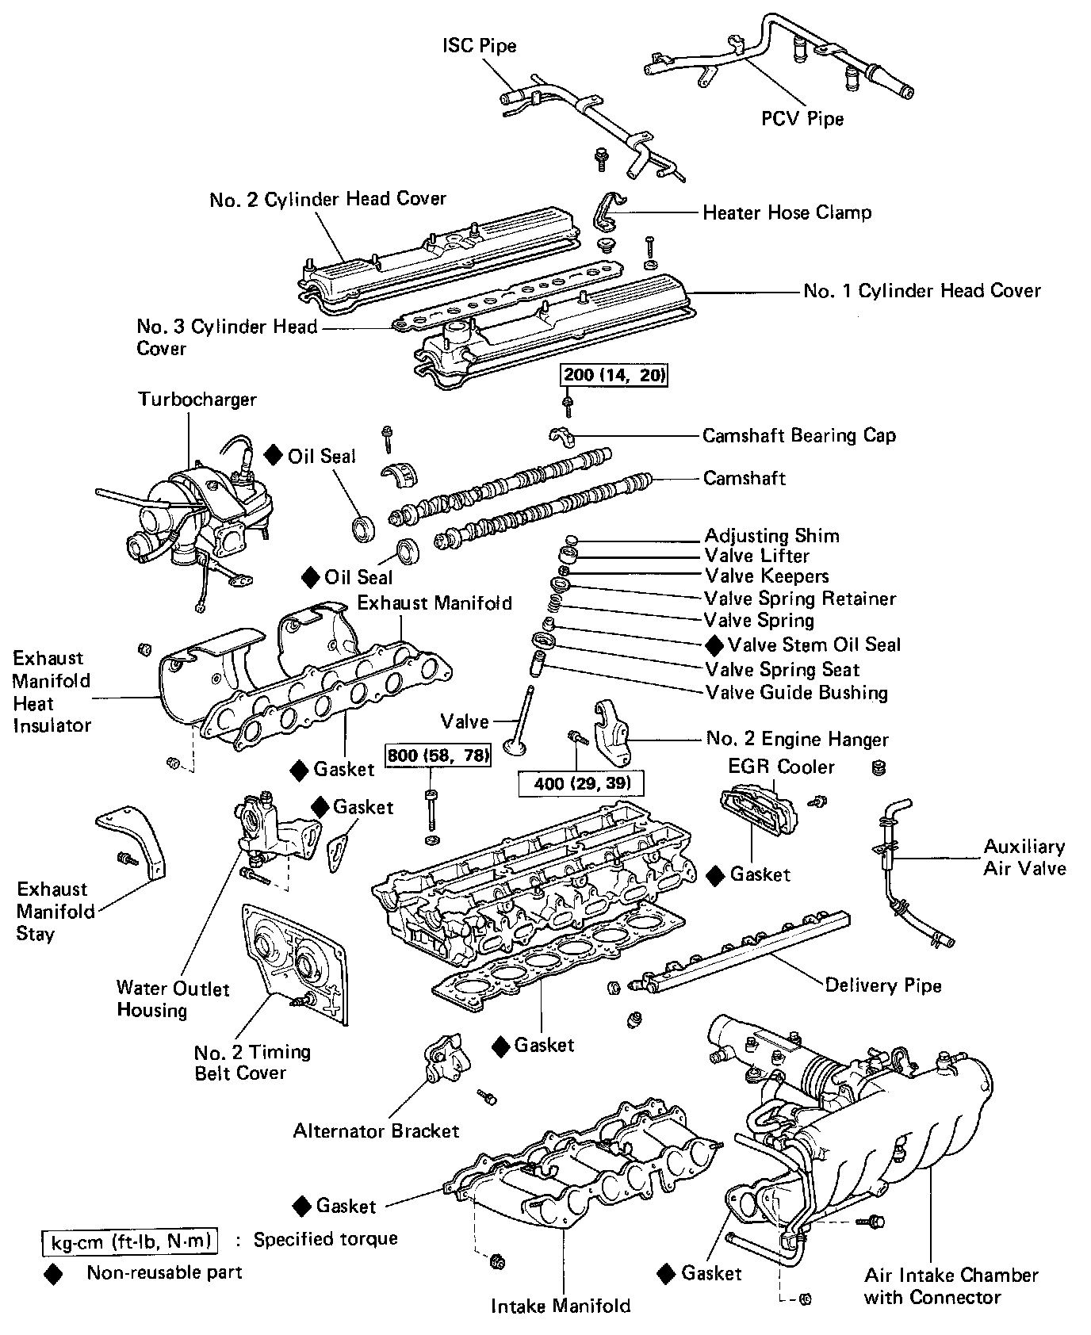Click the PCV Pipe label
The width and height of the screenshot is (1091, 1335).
tap(802, 119)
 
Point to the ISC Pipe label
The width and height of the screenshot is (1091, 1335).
tap(479, 45)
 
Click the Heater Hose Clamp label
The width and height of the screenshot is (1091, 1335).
tap(787, 212)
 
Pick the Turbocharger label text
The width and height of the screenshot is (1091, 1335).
tap(197, 399)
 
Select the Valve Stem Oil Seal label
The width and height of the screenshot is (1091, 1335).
tap(814, 645)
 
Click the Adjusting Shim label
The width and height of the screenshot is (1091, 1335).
tap(771, 536)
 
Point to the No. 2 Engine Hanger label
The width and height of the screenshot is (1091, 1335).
tap(797, 740)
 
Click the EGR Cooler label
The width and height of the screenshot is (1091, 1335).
tap(781, 767)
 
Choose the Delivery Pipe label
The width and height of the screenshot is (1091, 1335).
tap(883, 985)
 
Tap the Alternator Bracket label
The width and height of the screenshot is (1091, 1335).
tap(376, 1130)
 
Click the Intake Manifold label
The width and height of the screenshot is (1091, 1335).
tap(561, 1306)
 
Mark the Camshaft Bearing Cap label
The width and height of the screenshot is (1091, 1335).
tap(799, 435)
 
